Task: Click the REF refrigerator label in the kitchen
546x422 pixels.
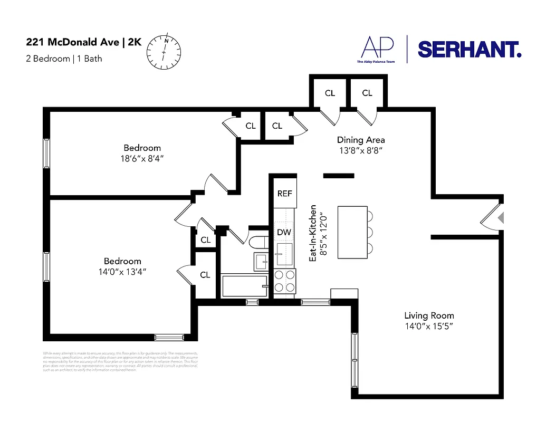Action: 284,194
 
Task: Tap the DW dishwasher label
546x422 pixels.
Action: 284,232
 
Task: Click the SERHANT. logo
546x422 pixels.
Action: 470,50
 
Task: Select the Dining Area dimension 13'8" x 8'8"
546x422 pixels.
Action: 361,150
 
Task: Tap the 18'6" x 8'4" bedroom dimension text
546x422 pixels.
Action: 142,158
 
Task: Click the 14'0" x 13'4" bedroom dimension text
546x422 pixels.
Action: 122,271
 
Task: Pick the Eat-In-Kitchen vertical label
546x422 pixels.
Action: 313,233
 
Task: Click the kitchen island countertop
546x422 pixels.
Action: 352,232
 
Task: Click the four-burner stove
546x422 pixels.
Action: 284,281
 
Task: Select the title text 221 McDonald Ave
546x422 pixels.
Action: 73,43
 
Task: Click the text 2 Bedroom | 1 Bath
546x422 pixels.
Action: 64,59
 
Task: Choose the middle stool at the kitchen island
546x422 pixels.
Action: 370,232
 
